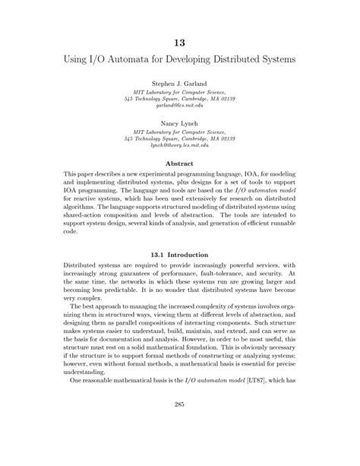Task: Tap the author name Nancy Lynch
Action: tap(180, 122)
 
